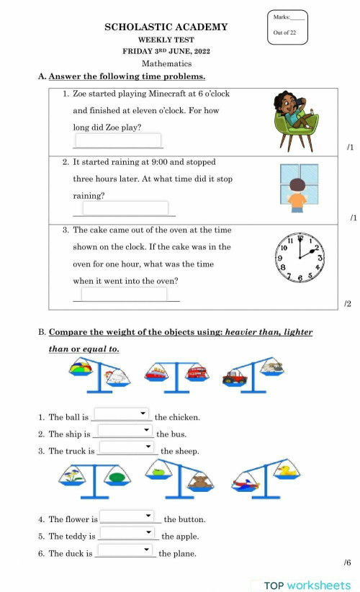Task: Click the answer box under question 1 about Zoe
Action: (118, 140)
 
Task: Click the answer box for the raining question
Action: (125, 208)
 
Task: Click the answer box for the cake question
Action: (124, 294)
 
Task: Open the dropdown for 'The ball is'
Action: (122, 414)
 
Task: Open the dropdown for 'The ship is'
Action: (125, 431)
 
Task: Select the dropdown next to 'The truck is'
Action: (127, 447)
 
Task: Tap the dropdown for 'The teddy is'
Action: (127, 533)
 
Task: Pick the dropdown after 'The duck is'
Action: (125, 550)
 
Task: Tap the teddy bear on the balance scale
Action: (199, 481)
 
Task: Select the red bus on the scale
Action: (197, 372)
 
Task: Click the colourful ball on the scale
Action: (81, 369)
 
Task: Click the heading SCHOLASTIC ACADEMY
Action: (166, 27)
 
